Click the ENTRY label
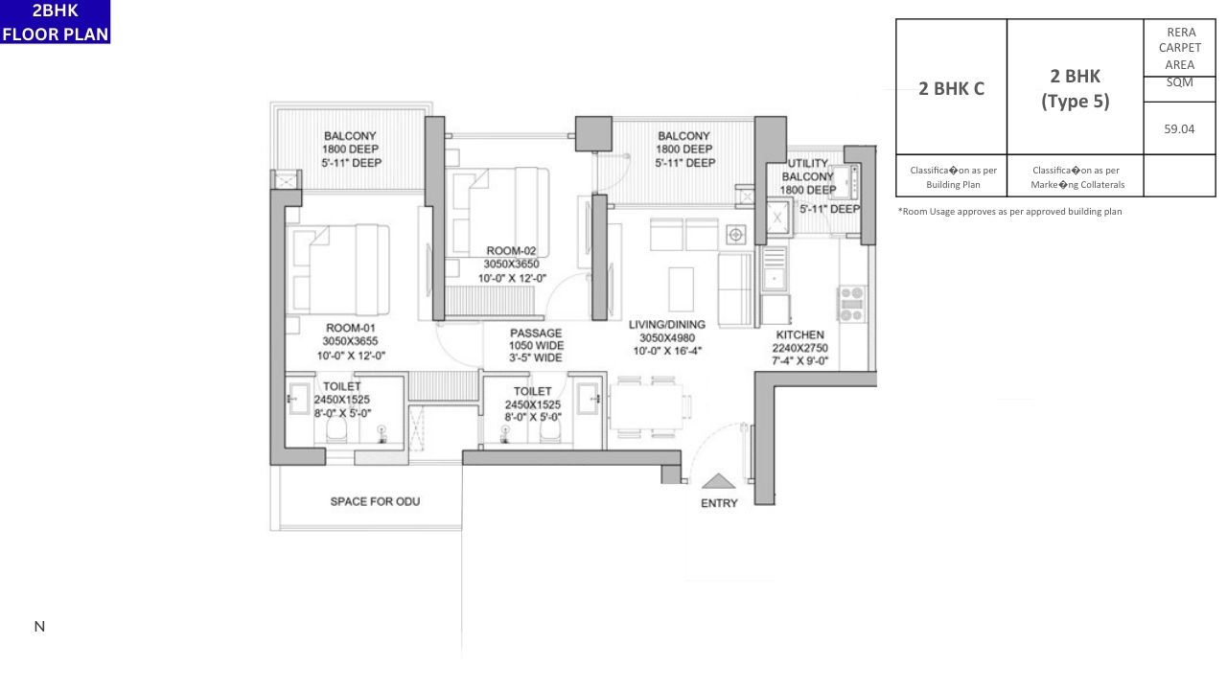point(719,503)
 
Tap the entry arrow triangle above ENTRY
point(719,482)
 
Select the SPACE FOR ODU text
point(375,501)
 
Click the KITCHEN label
point(799,335)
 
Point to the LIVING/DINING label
point(666,325)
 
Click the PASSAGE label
point(536,333)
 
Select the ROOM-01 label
point(349,328)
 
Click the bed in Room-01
point(339,270)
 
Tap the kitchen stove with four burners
point(852,303)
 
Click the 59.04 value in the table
point(1179,128)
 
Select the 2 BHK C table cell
point(951,88)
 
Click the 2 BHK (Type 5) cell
point(1075,88)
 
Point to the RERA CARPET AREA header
point(1179,48)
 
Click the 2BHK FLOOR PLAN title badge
point(56,22)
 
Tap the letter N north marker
point(39,627)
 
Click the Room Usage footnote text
point(1009,212)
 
